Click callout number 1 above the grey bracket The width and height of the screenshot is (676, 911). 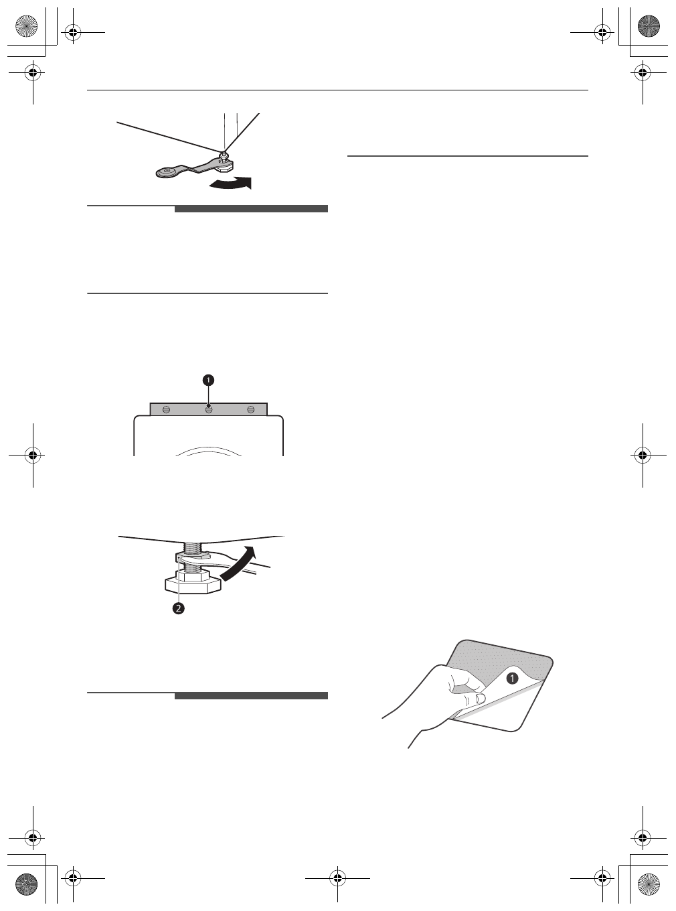click(x=209, y=380)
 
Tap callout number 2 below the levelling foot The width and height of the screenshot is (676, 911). click(x=179, y=608)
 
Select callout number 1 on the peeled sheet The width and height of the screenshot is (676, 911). click(x=512, y=678)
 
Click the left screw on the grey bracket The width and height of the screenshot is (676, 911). click(x=167, y=409)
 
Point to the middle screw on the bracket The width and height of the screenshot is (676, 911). click(x=209, y=409)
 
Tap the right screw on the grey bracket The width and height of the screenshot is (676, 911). click(x=251, y=409)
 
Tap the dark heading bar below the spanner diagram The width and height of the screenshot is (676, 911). click(x=251, y=209)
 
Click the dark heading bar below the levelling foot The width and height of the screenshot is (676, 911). click(x=251, y=696)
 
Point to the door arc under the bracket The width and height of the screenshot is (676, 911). click(x=209, y=450)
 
